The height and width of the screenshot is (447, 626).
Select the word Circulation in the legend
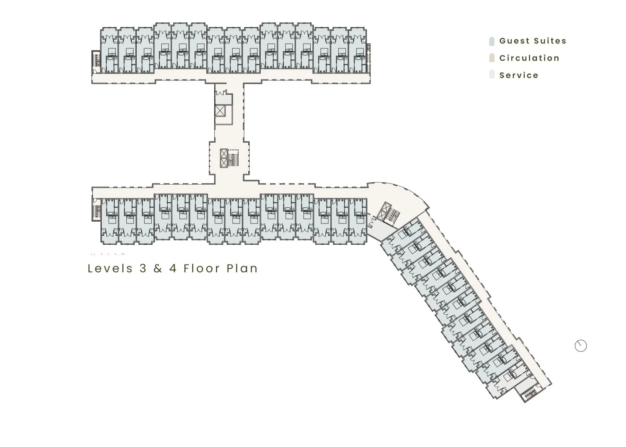click(529, 58)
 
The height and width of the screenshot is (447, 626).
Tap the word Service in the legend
click(519, 75)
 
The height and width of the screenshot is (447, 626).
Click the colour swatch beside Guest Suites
click(492, 41)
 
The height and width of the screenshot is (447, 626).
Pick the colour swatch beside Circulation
click(492, 58)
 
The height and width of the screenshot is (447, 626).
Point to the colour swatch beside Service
click(492, 75)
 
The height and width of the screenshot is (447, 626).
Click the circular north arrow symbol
click(581, 346)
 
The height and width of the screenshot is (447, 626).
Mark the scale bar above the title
click(107, 254)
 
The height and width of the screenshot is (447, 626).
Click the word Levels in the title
click(110, 268)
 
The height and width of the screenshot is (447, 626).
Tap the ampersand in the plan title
click(158, 268)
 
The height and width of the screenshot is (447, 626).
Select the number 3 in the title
click(143, 268)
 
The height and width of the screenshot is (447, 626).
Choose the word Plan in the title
click(242, 268)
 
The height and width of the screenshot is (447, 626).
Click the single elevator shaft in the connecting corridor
click(220, 111)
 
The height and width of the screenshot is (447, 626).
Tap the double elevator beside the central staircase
click(224, 158)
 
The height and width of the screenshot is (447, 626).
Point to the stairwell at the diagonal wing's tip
click(531, 394)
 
